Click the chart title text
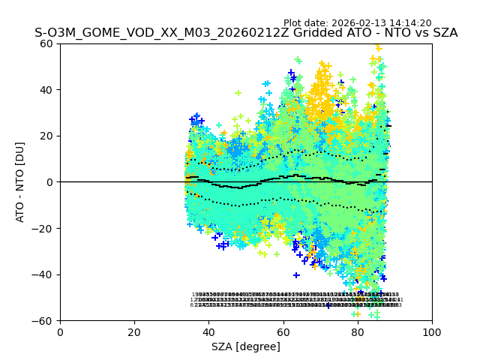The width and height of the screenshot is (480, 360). pyautogui.click(x=246, y=33)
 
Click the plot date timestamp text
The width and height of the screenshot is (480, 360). pyautogui.click(x=357, y=23)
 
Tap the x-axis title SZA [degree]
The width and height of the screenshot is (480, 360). pyautogui.click(x=246, y=346)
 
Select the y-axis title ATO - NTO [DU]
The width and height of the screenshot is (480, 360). pyautogui.click(x=20, y=181)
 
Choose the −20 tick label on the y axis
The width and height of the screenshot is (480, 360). pyautogui.click(x=45, y=228)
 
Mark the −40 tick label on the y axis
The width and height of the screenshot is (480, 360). pyautogui.click(x=45, y=274)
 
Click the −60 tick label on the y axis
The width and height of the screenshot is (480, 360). pyautogui.click(x=45, y=321)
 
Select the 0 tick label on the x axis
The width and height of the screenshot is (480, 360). pyautogui.click(x=60, y=331)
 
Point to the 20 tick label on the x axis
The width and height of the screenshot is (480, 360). pyautogui.click(x=134, y=331)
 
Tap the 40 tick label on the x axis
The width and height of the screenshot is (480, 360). pyautogui.click(x=208, y=331)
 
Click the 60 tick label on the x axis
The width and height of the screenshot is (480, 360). pyautogui.click(x=283, y=331)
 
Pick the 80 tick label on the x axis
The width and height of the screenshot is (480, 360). pyautogui.click(x=358, y=331)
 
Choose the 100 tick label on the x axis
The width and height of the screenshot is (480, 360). pyautogui.click(x=432, y=331)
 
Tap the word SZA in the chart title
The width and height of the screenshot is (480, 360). pyautogui.click(x=443, y=33)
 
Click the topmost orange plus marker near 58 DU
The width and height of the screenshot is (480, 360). pyautogui.click(x=379, y=48)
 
